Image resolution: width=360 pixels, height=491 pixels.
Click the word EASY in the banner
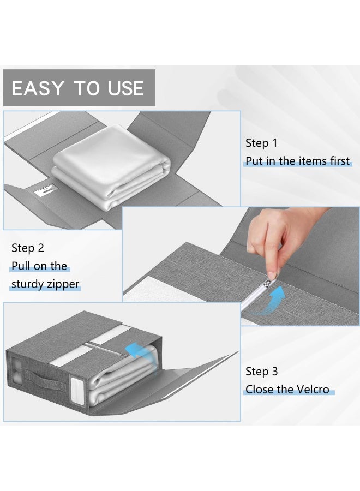point(38,88)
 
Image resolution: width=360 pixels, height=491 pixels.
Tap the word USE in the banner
point(126,88)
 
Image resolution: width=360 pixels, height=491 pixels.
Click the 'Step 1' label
point(261,143)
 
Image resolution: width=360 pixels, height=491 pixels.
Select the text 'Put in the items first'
point(297,161)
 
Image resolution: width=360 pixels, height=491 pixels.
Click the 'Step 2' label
point(28,248)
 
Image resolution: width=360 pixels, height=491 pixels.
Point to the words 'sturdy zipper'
point(45,284)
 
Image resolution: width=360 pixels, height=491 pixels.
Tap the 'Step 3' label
point(261,372)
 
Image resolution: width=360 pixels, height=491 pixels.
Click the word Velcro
point(313,390)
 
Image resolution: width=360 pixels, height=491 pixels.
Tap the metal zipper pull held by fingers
point(269,280)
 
